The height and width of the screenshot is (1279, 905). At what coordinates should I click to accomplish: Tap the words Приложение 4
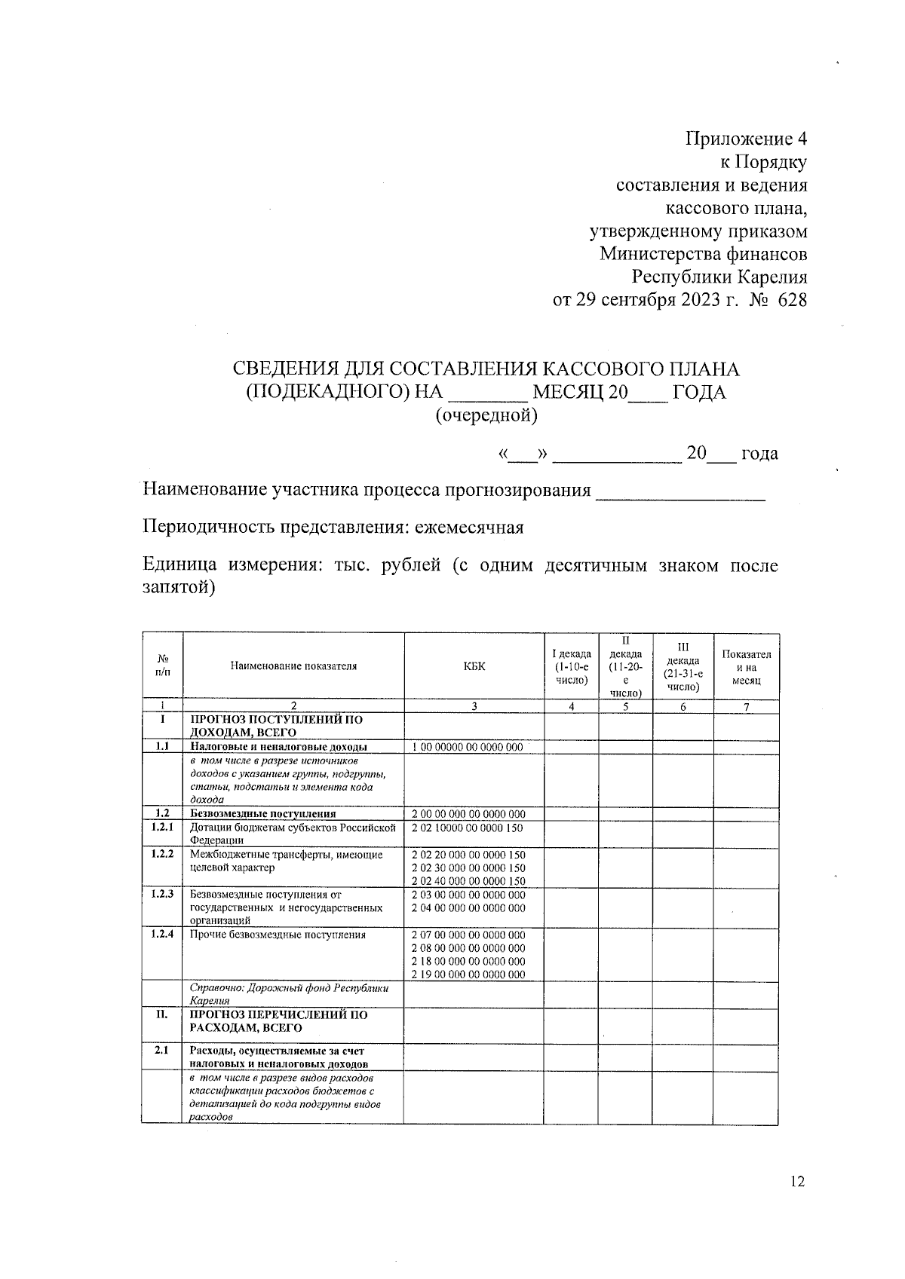(746, 139)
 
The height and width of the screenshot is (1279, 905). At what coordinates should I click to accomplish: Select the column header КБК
(474, 666)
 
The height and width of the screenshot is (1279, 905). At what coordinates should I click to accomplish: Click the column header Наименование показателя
(293, 666)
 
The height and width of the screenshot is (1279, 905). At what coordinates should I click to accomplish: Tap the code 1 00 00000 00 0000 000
(468, 747)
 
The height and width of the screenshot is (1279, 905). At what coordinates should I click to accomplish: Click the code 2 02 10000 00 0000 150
(468, 828)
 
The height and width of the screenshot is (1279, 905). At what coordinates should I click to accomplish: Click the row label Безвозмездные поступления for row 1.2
(262, 814)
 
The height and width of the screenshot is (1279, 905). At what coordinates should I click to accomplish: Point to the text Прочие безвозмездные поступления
(278, 935)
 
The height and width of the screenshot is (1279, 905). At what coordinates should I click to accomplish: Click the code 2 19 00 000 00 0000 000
(468, 974)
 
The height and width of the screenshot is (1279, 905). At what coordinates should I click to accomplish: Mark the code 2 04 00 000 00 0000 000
(468, 907)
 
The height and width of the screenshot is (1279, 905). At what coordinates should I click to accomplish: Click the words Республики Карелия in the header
(719, 277)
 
